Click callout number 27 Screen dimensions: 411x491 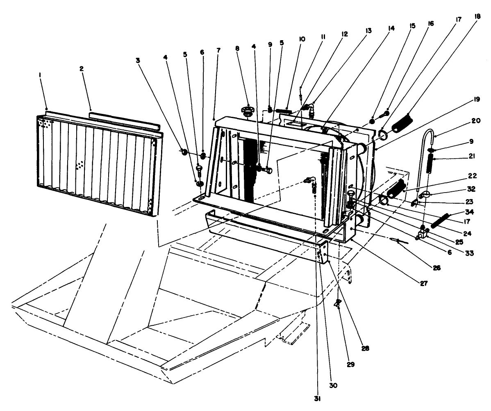pos(418,283)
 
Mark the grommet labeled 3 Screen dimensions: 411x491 pos(184,152)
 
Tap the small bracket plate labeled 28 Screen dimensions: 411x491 pos(323,253)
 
